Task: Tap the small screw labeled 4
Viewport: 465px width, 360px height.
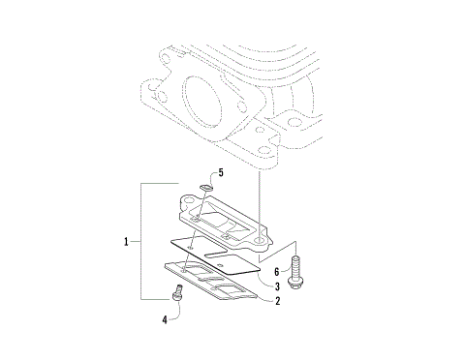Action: pyautogui.click(x=176, y=291)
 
